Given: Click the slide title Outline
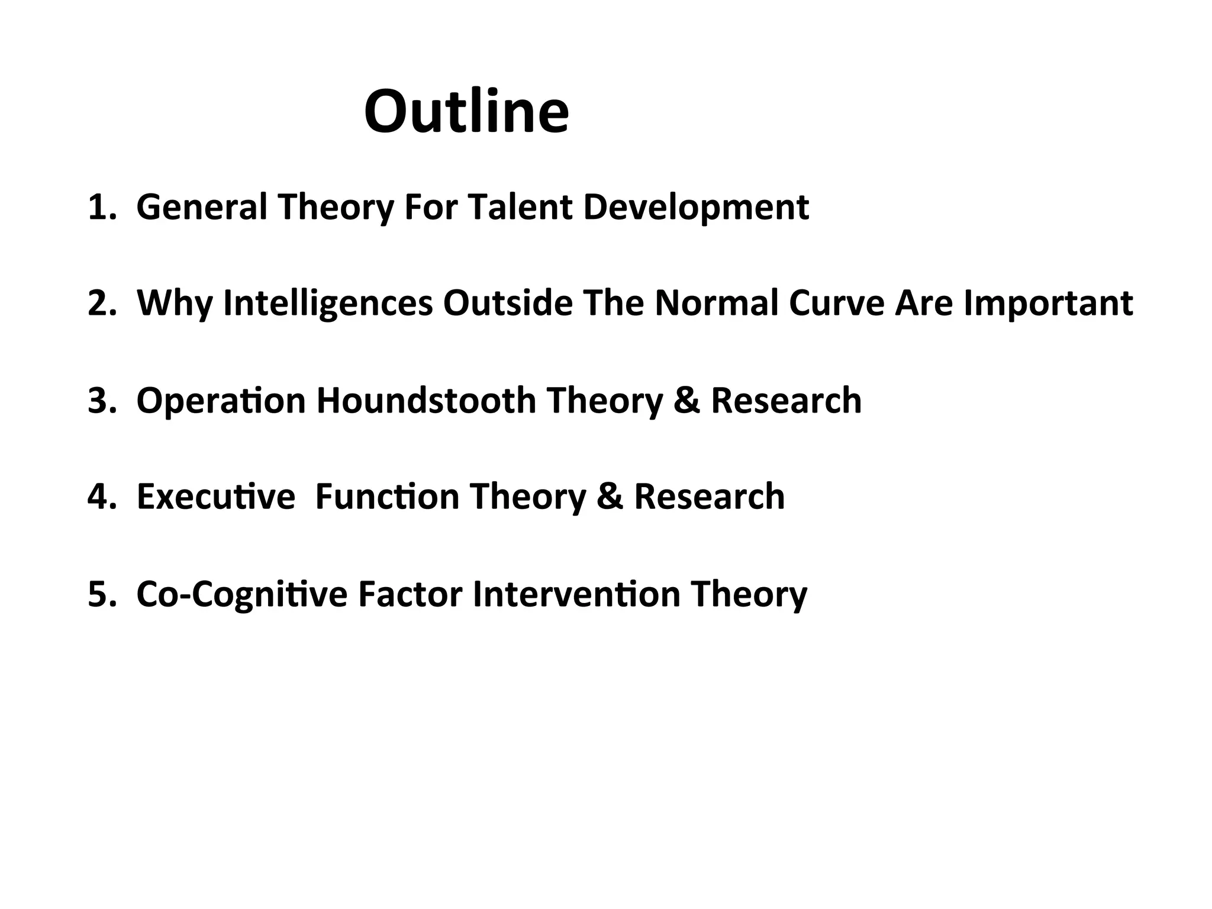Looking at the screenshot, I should tap(466, 112).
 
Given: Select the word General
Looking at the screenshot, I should tap(202, 207).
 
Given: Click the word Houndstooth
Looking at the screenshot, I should tap(426, 401).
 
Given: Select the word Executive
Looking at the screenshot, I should tap(215, 497).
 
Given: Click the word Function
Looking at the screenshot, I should tap(387, 497).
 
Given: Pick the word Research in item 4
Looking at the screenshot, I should tap(710, 497).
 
